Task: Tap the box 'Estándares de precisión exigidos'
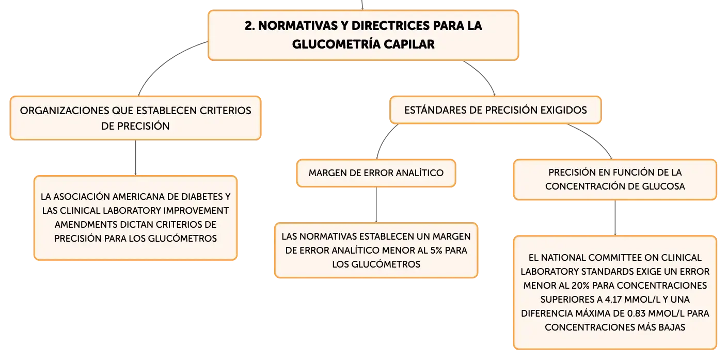pos(495,110)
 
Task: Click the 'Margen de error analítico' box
pos(376,173)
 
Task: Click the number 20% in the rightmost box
pos(580,285)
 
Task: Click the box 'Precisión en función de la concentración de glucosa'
pos(615,180)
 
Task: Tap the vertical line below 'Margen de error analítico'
pos(376,205)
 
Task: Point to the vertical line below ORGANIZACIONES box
pos(135,158)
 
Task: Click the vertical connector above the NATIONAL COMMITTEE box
pos(615,218)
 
